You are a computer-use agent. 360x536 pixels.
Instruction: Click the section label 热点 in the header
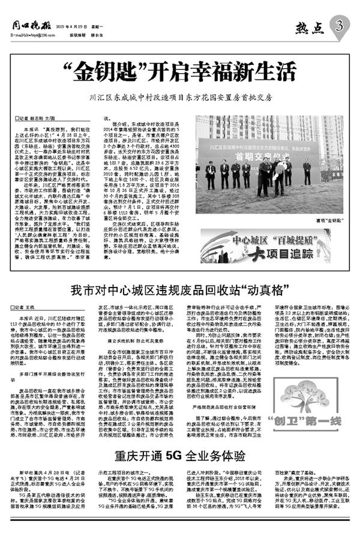pos(309,27)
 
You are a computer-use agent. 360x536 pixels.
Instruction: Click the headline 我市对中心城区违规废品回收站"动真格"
pos(176,289)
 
